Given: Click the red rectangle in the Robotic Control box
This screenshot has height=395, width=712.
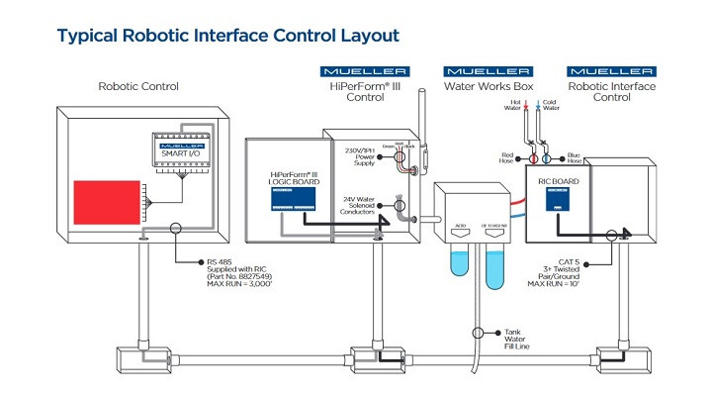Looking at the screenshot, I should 104,203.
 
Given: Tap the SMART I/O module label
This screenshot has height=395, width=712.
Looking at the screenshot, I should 178,150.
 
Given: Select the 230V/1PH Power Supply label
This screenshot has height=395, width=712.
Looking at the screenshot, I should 360,156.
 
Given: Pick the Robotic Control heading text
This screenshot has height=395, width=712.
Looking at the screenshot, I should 138,86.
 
